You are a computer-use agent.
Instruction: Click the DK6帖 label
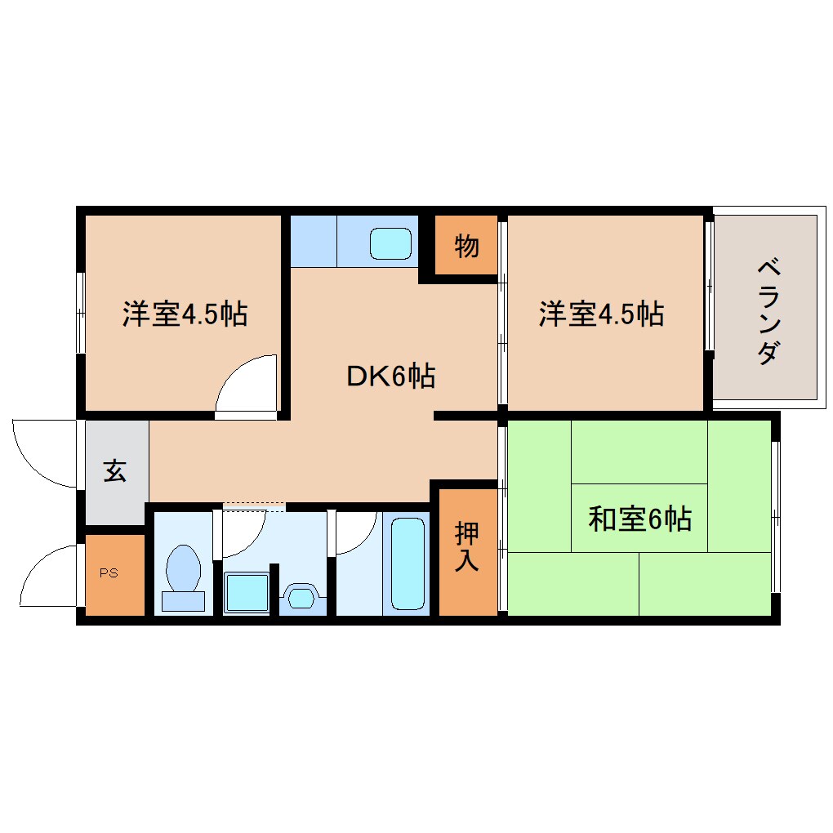tap(390, 376)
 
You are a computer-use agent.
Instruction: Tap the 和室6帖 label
tap(640, 519)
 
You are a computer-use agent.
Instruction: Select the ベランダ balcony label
tap(767, 311)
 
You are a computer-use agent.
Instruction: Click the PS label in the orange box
tap(109, 572)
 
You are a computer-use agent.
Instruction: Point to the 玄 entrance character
tap(114, 471)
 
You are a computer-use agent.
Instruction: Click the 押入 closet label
tap(466, 546)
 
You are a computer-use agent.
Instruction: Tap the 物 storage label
tap(466, 245)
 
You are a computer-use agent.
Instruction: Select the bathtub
tap(408, 563)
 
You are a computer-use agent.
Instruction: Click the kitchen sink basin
tap(391, 243)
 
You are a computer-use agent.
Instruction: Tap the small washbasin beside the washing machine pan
tap(301, 596)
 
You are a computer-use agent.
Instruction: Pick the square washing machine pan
tap(247, 593)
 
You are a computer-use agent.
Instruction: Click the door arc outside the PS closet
tap(49, 576)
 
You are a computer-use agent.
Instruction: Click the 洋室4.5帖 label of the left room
tap(185, 314)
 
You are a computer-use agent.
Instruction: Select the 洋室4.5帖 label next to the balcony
tap(600, 314)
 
